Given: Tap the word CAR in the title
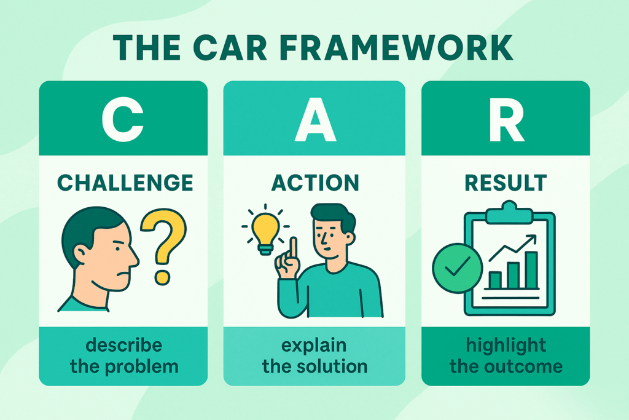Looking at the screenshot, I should [x=251, y=49].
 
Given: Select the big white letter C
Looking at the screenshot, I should [x=122, y=121].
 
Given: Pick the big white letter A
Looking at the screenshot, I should [x=314, y=121].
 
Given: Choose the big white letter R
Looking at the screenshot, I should [x=506, y=121].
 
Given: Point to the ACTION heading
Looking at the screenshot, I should [x=314, y=183].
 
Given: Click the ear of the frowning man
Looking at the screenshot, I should [x=81, y=252].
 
